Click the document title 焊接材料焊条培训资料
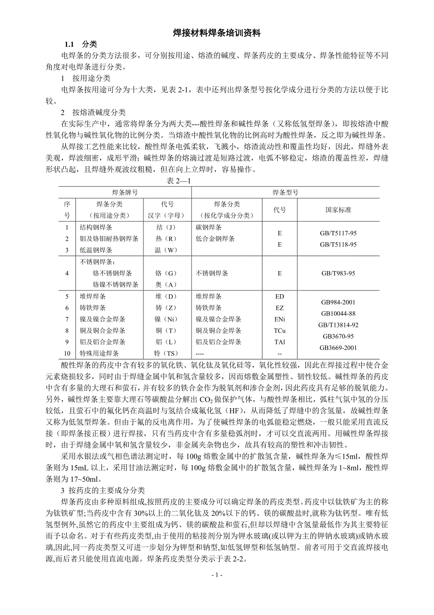tap(217, 34)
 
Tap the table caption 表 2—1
tap(178, 180)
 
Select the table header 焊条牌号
tap(125, 193)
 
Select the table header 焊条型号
tap(285, 193)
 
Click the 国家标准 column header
tap(338, 210)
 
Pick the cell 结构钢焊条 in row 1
tap(96, 227)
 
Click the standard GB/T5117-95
tap(338, 233)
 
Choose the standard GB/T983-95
tap(338, 273)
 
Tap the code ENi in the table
tap(280, 319)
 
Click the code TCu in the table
tap(280, 331)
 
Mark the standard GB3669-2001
tap(338, 348)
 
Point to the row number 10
tap(67, 353)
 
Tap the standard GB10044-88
tap(338, 314)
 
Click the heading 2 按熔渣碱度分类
tap(93, 112)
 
